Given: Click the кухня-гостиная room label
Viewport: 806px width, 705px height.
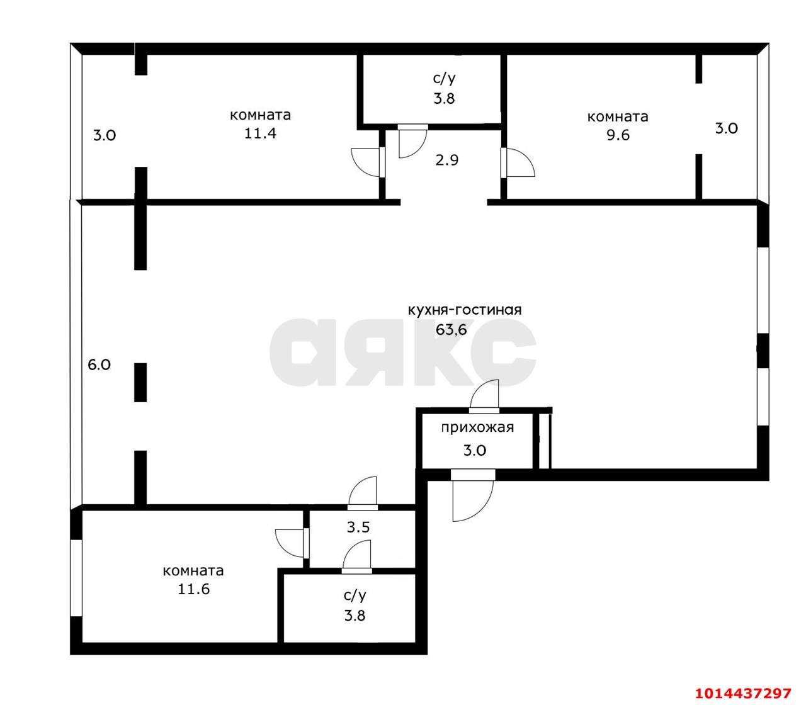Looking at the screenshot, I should (x=465, y=310).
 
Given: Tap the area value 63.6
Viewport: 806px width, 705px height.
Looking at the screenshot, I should (x=451, y=329).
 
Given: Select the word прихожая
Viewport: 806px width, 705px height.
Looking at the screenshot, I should (x=477, y=427).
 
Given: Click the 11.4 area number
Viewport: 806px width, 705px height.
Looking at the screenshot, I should (x=261, y=133).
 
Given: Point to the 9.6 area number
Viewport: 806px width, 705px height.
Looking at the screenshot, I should (x=618, y=135).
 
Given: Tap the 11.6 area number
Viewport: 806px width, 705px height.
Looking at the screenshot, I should (x=193, y=590).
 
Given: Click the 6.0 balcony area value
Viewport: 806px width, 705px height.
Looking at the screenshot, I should (x=99, y=364).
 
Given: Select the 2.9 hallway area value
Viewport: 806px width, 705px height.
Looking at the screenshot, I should (x=447, y=160).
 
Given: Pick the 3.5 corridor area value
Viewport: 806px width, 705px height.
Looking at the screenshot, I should (x=358, y=527).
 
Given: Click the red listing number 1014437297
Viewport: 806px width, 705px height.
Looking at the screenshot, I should (x=742, y=693).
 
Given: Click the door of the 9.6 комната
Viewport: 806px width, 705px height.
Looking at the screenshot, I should (x=518, y=163).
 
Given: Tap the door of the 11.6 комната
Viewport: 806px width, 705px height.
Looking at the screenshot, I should (x=291, y=541).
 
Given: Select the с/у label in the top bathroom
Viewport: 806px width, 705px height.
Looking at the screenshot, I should (x=443, y=79).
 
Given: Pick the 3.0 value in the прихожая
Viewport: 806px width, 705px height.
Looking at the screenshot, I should (x=474, y=450).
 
